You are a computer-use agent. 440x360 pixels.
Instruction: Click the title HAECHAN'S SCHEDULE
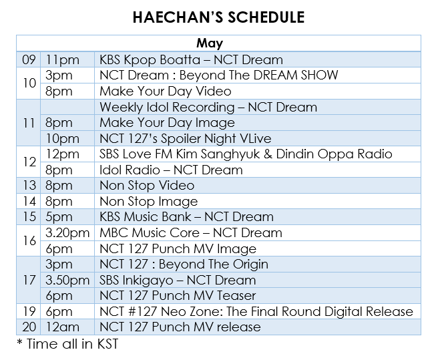(x=219, y=17)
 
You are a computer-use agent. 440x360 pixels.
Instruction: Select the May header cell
(x=219, y=44)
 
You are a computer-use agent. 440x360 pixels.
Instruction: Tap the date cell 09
(x=29, y=60)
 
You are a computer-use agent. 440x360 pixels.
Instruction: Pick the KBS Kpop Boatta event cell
(x=191, y=60)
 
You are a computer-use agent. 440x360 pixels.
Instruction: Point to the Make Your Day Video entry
(x=166, y=92)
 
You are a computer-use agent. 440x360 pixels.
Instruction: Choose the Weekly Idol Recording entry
(x=208, y=107)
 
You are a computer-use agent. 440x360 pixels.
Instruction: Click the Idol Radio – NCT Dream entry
(x=172, y=170)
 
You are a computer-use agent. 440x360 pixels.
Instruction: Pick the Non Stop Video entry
(x=147, y=185)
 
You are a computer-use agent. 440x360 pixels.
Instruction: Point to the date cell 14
(x=29, y=201)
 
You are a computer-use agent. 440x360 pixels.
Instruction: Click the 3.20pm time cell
(x=67, y=232)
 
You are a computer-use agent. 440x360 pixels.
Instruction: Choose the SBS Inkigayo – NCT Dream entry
(x=178, y=280)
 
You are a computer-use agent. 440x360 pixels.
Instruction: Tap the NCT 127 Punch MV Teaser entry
(x=178, y=295)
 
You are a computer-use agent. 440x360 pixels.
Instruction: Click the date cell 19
(x=29, y=311)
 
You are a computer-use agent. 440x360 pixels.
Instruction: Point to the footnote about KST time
(x=67, y=343)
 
